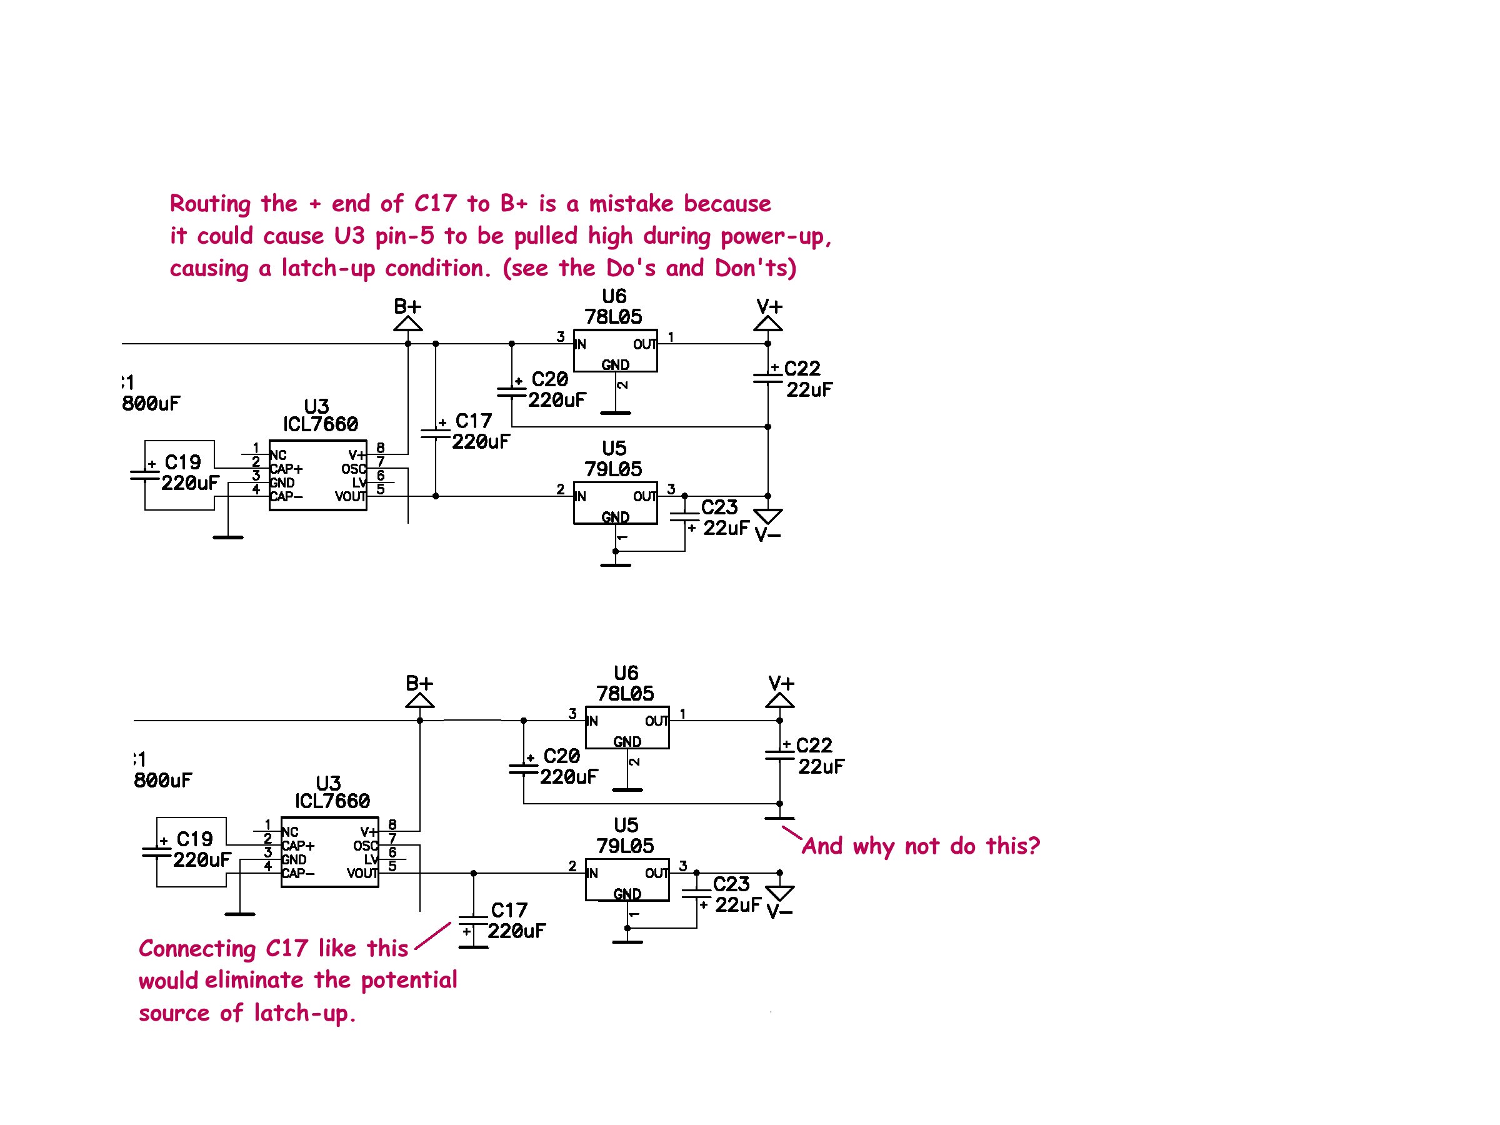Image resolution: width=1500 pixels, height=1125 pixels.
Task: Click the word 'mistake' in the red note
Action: pyautogui.click(x=631, y=203)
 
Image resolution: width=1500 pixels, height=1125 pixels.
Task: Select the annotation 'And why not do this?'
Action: pyautogui.click(x=920, y=846)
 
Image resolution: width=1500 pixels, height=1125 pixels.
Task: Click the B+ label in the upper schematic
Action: pyautogui.click(x=407, y=306)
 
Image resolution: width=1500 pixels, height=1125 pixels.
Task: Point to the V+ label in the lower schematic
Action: pyautogui.click(x=781, y=683)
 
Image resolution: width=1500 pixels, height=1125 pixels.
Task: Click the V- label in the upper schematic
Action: pyautogui.click(x=767, y=536)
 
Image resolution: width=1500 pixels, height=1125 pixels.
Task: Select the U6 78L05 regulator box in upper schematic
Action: pyautogui.click(x=615, y=351)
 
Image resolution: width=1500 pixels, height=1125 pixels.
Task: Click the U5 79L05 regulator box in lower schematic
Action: pyautogui.click(x=627, y=880)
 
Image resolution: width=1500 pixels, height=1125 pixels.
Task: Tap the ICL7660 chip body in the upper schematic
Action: pyautogui.click(x=317, y=476)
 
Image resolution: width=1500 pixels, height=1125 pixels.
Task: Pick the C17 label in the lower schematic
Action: pyautogui.click(x=509, y=910)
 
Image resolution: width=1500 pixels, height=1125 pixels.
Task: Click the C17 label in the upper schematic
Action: pyautogui.click(x=473, y=421)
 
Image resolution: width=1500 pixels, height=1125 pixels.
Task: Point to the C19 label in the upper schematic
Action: pyautogui.click(x=182, y=462)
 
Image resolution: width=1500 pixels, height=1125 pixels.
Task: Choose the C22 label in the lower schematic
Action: pyautogui.click(x=814, y=745)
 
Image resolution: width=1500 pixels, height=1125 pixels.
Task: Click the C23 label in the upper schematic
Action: pyautogui.click(x=719, y=507)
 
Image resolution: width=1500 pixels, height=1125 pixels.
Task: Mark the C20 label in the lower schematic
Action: pyautogui.click(x=561, y=756)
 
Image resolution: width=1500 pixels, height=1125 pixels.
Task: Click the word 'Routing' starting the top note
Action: pyautogui.click(x=209, y=203)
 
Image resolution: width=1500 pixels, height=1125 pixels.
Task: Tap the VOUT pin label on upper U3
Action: pyautogui.click(x=350, y=496)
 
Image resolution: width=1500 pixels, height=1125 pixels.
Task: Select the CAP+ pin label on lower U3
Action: pyautogui.click(x=298, y=846)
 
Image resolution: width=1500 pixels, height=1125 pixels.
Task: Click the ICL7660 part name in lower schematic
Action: pyautogui.click(x=332, y=801)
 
